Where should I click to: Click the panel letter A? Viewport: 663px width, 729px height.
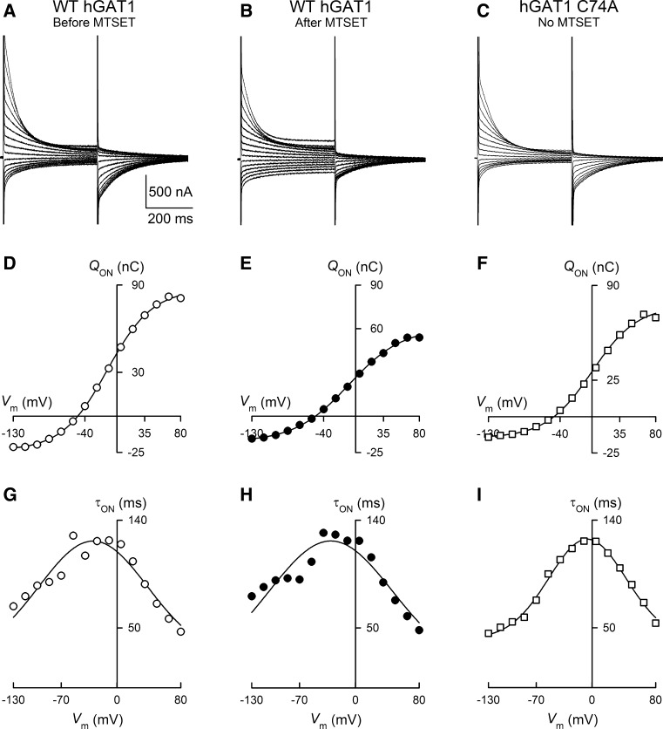pos(8,9)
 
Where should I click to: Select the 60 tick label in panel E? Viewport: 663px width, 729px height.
pos(373,328)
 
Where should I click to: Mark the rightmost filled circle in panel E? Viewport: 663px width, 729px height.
pos(419,337)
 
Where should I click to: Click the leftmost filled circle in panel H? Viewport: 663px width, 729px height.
pos(252,596)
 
